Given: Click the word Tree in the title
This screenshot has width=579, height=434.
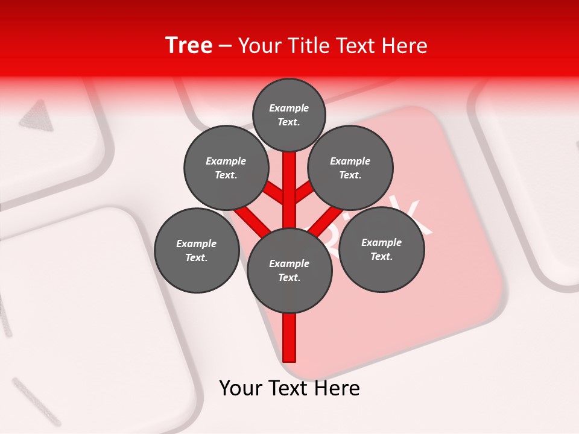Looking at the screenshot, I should pyautogui.click(x=188, y=45).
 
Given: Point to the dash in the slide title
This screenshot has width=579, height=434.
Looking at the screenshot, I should pyautogui.click(x=225, y=46).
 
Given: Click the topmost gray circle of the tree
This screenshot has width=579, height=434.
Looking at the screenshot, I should pyautogui.click(x=289, y=115).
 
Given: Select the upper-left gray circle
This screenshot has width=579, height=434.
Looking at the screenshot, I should pyautogui.click(x=226, y=168).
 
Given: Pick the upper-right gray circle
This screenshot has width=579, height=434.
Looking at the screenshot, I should pyautogui.click(x=350, y=168).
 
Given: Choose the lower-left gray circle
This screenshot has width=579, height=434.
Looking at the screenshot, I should pyautogui.click(x=197, y=250).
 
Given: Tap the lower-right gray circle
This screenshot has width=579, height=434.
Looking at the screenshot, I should pyautogui.click(x=381, y=249).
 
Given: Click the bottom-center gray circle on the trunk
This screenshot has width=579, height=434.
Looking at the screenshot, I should pyautogui.click(x=289, y=270).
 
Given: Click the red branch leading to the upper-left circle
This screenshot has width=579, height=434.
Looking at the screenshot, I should pyautogui.click(x=274, y=193).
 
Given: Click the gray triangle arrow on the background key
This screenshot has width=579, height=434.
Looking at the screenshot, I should pyautogui.click(x=36, y=115).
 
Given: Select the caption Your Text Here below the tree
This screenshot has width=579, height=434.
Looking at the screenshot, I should pyautogui.click(x=289, y=388).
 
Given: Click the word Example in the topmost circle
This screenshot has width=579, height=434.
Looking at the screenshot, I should pyautogui.click(x=289, y=108).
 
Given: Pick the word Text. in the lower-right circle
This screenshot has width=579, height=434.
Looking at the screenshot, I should pyautogui.click(x=381, y=256).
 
